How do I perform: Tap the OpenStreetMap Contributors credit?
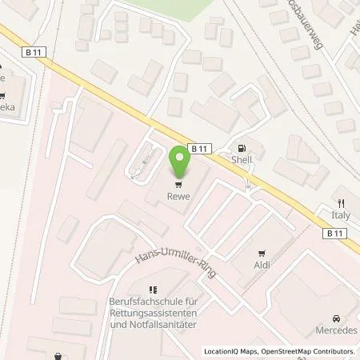click(307, 352)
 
